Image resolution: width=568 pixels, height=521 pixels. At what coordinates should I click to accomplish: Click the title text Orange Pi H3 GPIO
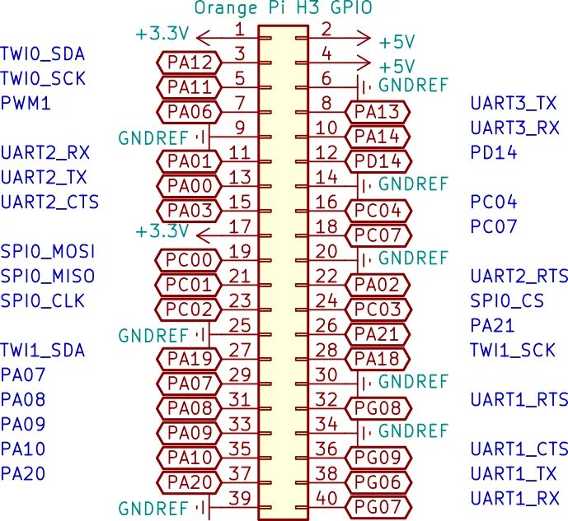[284, 9]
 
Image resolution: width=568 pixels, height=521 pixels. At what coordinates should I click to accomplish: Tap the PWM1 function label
[26, 104]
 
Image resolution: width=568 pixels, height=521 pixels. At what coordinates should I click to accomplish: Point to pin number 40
[326, 498]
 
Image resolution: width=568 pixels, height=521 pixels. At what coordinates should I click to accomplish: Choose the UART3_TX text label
[514, 104]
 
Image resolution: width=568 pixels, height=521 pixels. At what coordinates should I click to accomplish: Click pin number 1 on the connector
[239, 30]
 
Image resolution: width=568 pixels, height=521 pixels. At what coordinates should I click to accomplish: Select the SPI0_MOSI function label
[47, 251]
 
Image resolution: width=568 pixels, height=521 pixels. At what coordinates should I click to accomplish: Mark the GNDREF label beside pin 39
[153, 508]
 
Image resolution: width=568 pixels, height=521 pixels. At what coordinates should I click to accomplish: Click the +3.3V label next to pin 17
[163, 230]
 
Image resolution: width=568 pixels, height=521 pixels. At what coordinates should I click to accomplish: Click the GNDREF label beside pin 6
[413, 85]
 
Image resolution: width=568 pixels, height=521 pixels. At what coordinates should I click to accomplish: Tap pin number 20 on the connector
[326, 251]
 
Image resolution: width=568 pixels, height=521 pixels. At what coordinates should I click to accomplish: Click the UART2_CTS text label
[49, 202]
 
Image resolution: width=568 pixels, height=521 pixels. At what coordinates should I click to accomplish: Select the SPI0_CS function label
[506, 300]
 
